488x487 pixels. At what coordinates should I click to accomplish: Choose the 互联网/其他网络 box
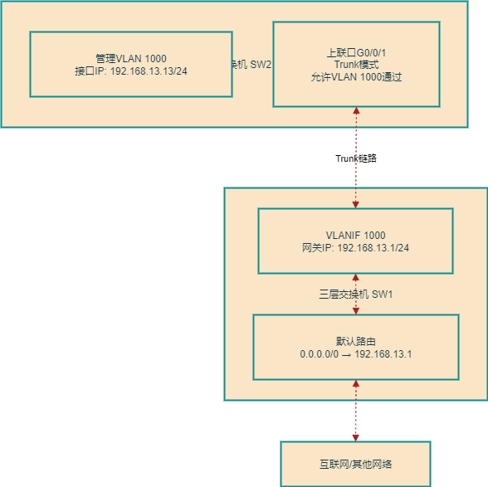[x=355, y=464]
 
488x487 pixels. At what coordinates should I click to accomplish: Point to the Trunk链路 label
[x=355, y=158]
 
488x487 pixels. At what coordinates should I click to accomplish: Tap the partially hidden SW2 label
[x=252, y=65]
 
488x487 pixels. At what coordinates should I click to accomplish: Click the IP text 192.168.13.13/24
[x=131, y=71]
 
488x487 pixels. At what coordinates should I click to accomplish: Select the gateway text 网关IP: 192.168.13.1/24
[x=355, y=248]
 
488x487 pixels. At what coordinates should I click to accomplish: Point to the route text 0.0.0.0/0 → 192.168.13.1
[x=355, y=354]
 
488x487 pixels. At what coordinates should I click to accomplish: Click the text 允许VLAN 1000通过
[x=356, y=77]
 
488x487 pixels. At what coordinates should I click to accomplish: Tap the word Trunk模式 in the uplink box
[x=356, y=65]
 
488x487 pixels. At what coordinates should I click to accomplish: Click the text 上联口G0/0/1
[x=356, y=52]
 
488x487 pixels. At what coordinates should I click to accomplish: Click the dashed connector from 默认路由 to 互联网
[x=356, y=411]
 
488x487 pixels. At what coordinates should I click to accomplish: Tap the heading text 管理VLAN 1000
[x=131, y=58]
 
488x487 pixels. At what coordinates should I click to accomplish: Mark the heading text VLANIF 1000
[x=355, y=236]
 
